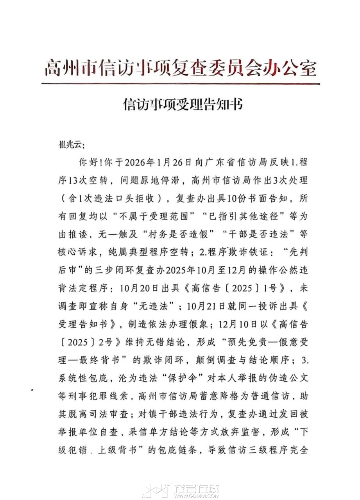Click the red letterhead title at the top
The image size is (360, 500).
180,69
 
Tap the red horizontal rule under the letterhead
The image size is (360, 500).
180,84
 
